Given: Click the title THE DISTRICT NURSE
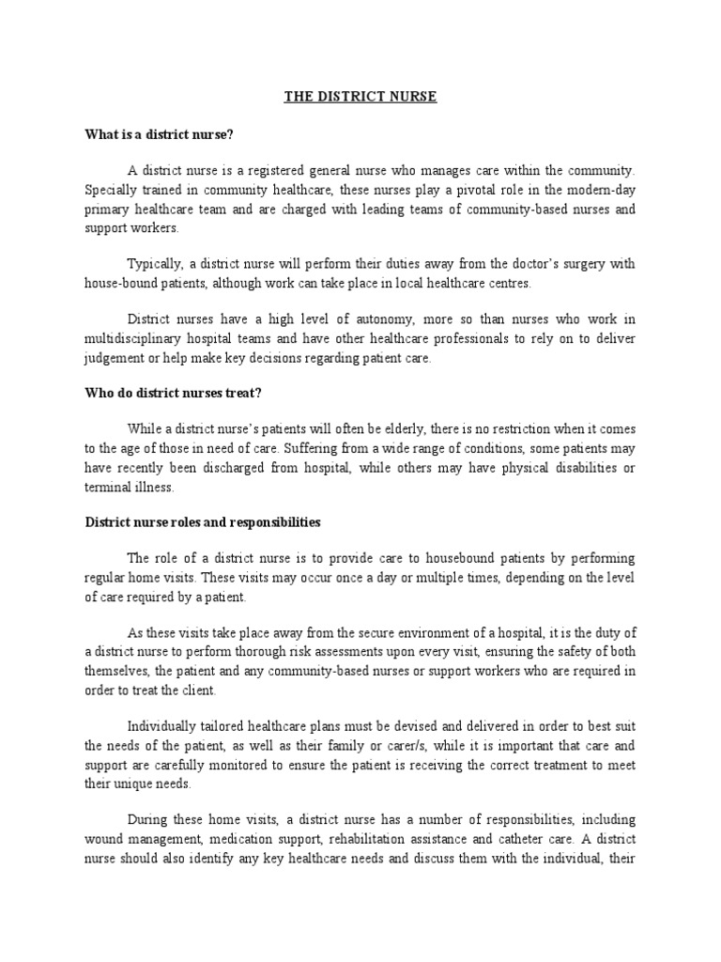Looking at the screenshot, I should click(360, 97).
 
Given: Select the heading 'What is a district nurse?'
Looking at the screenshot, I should click(159, 134).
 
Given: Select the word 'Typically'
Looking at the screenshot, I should click(153, 264).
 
